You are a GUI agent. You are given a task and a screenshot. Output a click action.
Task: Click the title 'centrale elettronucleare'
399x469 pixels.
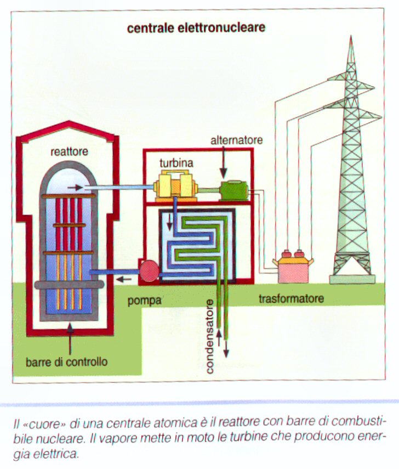196,27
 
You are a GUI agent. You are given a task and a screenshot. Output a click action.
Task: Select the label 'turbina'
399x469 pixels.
176,163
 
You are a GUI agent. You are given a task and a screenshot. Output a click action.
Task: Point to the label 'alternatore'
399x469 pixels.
237,140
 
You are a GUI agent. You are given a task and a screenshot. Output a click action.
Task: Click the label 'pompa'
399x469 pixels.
144,301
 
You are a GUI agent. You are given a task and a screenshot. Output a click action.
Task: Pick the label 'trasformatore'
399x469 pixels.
291,299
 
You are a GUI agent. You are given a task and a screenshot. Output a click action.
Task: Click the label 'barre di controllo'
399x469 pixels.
67,362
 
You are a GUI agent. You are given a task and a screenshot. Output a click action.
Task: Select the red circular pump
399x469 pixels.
149,270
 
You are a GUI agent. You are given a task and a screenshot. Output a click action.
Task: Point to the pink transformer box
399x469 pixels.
296,268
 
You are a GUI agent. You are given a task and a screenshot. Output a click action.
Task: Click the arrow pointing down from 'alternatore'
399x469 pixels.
224,163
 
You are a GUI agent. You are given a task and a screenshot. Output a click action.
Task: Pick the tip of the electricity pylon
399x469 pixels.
351,38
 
